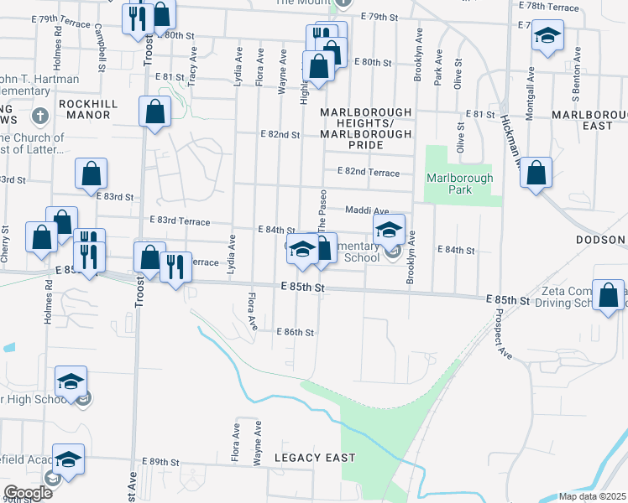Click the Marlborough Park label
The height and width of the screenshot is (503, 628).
click(x=459, y=184)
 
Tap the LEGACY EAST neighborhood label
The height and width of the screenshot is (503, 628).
click(x=314, y=458)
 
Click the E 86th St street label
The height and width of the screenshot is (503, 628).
click(x=295, y=332)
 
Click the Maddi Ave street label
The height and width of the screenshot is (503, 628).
click(x=367, y=210)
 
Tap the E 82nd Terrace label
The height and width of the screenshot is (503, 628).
click(x=368, y=171)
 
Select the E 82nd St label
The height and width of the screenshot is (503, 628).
click(x=280, y=134)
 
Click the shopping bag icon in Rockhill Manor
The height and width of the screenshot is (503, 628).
click(x=155, y=111)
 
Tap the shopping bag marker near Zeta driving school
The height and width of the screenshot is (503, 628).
click(x=610, y=296)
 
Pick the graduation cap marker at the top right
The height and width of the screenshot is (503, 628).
click(x=547, y=35)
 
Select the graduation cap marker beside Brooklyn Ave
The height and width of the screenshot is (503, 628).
click(x=389, y=230)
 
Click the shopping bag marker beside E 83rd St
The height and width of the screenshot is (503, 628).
click(x=91, y=174)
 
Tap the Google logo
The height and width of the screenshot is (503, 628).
click(x=27, y=492)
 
